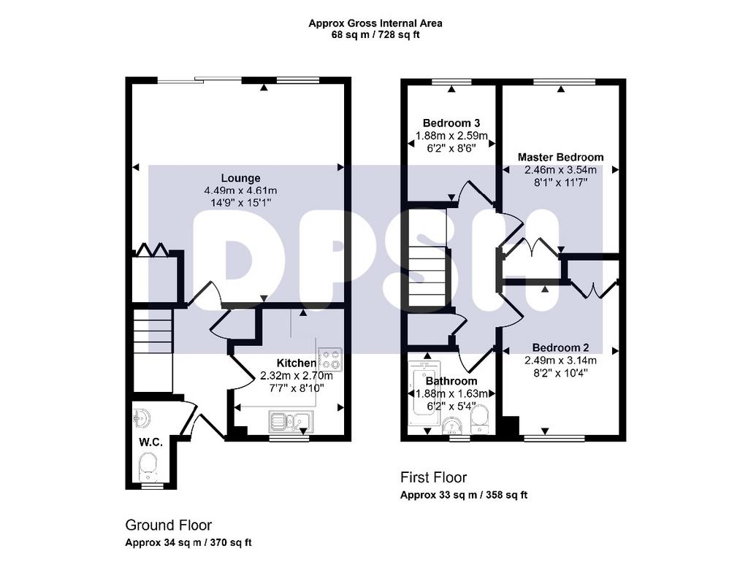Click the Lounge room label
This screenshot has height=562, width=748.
(240, 178)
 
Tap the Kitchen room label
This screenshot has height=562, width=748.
(297, 363)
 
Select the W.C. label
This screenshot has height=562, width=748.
(150, 442)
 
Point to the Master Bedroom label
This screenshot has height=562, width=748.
(560, 158)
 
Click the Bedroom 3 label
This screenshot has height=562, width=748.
(451, 123)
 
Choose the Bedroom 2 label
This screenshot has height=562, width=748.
(560, 347)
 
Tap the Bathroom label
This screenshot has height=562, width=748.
(451, 381)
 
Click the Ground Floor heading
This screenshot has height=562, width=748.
(169, 526)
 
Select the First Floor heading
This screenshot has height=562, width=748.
(434, 477)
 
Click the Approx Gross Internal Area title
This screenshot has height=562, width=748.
(375, 23)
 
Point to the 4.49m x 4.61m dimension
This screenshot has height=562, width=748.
(240, 190)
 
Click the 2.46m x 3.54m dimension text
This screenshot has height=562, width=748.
(560, 170)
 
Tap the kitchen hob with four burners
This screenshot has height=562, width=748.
(330, 359)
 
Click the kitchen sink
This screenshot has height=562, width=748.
(290, 422)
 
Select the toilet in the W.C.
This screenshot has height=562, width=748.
(148, 466)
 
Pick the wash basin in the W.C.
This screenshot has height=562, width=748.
(142, 418)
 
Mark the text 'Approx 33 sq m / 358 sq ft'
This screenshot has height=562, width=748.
(464, 495)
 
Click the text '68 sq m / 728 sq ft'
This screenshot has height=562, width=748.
(375, 35)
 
